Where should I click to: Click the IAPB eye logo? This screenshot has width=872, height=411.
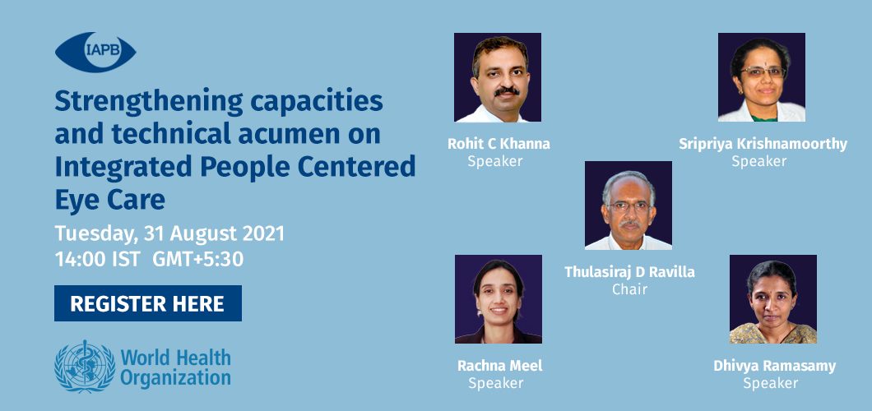tap(95, 52)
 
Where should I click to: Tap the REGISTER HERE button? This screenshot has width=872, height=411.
tap(148, 303)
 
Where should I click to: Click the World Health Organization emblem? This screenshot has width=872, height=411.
tap(85, 366)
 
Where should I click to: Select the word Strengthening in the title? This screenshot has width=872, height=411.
tap(149, 102)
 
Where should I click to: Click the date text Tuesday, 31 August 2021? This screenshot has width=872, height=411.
tap(169, 233)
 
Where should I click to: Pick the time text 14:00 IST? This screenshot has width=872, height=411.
tap(97, 260)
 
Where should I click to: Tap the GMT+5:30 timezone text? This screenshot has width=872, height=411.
tap(198, 260)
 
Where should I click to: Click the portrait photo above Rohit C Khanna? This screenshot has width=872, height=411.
tap(498, 77)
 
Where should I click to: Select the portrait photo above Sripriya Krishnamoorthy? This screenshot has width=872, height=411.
tap(761, 77)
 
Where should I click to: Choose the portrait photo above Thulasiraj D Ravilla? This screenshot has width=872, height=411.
tap(628, 205)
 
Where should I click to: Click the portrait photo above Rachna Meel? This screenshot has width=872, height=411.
tap(499, 299)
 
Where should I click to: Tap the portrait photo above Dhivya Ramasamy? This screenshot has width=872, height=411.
tap(773, 299)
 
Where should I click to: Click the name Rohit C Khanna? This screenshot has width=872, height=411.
tap(499, 144)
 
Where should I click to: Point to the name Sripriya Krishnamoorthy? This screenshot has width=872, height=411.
tap(763, 145)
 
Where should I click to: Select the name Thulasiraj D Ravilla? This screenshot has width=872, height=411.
tap(629, 272)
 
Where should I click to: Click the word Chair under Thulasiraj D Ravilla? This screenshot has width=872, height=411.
tap(629, 289)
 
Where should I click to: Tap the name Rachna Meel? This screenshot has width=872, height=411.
tap(499, 366)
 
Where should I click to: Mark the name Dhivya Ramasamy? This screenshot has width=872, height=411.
tap(775, 366)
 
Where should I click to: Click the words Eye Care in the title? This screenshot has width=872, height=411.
tap(109, 200)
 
